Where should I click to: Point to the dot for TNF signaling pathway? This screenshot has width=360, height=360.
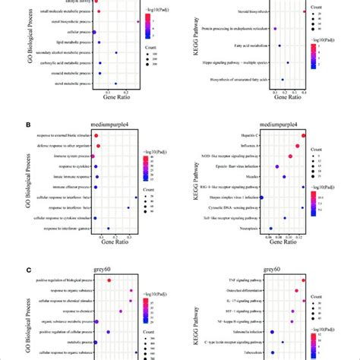[304, 280]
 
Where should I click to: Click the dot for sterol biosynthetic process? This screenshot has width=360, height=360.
[137, 22]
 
